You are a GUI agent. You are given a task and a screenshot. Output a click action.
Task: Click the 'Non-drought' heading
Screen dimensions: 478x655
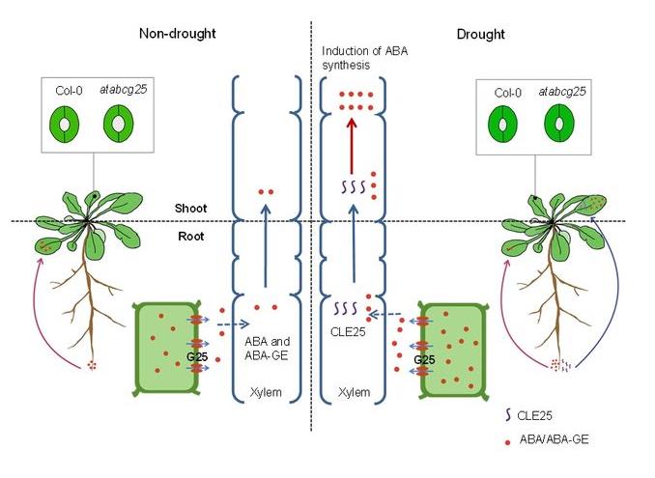pyautogui.click(x=177, y=35)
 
